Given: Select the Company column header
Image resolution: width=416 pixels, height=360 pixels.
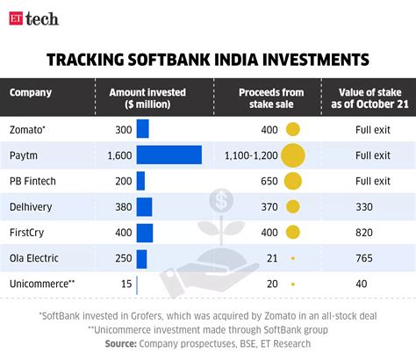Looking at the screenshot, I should tap(31, 92).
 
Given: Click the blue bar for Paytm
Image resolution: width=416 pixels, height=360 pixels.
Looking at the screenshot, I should tap(169, 155).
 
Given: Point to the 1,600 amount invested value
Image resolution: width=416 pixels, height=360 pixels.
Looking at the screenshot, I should tap(118, 155).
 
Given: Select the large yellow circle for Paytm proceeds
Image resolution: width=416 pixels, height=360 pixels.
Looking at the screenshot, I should tap(292, 155).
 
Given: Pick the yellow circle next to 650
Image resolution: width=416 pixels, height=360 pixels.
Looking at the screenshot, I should tap(292, 182).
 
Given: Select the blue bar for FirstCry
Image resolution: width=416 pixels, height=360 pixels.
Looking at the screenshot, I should tap(145, 234).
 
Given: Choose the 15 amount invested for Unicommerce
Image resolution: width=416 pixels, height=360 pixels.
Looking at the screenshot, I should tap(126, 284).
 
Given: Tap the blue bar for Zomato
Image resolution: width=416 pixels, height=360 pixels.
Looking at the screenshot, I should tap(142, 130).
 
